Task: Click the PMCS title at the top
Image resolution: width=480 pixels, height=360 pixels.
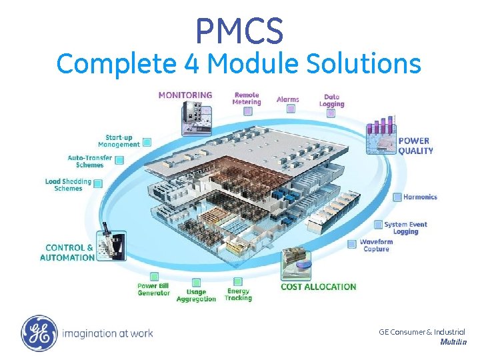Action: coord(239,31)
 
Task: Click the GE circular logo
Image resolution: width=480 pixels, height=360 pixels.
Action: coord(39,333)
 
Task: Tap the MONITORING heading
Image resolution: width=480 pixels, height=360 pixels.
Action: coord(185,95)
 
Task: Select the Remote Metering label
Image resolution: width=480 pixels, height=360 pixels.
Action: coord(246,99)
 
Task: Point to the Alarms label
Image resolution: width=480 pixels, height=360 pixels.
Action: coord(288,100)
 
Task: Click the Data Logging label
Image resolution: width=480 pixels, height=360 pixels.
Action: coord(331,100)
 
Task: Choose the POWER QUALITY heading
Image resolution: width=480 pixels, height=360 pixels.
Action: coord(415,145)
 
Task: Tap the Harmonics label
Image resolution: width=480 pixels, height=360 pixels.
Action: coord(420,197)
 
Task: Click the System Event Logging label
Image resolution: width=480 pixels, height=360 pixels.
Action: coord(405,228)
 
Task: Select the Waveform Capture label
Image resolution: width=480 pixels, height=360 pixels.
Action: coord(376,245)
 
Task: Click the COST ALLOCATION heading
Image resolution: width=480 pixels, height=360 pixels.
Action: coord(319,287)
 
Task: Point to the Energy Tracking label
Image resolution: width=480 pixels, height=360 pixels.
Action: coord(238,295)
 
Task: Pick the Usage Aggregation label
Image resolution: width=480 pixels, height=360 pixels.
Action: coord(196,295)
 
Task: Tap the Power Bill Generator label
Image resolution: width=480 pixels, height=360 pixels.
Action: coord(154,289)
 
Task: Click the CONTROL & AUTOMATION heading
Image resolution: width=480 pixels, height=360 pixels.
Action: coord(67,253)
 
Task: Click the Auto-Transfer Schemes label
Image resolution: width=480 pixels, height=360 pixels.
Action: coord(90,161)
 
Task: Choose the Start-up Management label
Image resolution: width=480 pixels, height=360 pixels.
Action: coord(119,141)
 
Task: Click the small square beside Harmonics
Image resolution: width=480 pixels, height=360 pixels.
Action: coord(398,197)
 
